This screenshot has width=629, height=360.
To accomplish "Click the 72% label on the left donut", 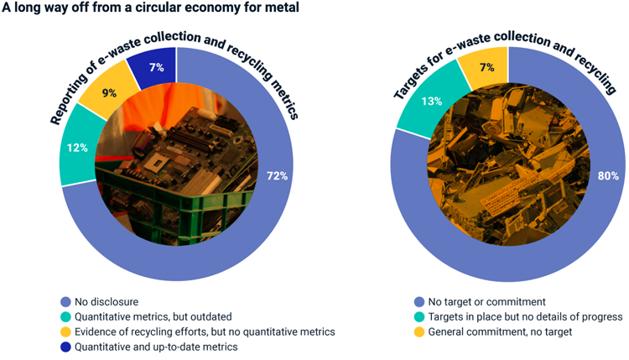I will pos(278,175).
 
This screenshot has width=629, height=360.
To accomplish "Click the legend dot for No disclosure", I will pos(65,300).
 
